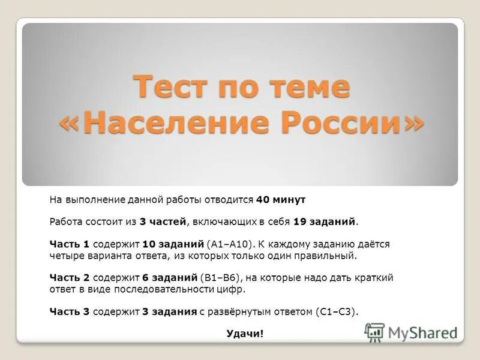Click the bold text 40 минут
(281, 199)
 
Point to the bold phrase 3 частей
(162, 221)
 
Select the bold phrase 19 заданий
(324, 221)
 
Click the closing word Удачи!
(245, 334)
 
